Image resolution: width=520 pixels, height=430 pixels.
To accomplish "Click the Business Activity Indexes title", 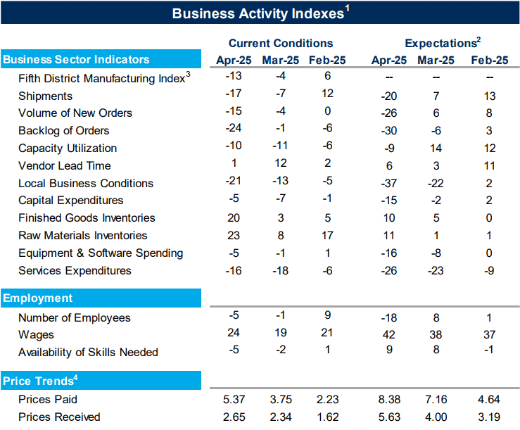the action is point(260,13).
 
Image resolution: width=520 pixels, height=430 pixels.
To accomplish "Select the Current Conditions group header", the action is point(281,43).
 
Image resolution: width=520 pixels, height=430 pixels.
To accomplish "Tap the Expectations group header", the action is point(443,43).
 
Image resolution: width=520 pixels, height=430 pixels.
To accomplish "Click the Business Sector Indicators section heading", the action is point(76,59).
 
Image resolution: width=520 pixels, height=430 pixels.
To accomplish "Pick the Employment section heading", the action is point(37,298).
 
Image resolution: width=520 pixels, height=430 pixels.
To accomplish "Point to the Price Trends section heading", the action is point(40,380).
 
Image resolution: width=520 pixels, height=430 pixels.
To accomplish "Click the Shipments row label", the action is point(46,96).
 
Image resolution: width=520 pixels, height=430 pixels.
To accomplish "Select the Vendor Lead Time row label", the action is point(65,165).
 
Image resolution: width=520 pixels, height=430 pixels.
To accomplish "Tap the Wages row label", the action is point(36,335).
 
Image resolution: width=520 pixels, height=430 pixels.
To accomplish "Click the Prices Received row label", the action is point(59,417).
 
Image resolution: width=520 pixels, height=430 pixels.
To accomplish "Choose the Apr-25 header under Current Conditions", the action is point(234,60).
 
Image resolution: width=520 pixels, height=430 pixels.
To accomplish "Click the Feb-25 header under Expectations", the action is point(490,60).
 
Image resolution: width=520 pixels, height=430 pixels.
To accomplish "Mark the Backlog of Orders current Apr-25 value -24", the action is point(234,128).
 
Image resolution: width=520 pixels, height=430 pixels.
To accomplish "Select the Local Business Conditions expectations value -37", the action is point(389,183).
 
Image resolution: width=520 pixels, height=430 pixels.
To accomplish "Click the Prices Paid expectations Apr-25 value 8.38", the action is point(389,399).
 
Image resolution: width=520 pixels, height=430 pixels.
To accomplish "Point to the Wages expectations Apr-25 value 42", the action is point(389,334).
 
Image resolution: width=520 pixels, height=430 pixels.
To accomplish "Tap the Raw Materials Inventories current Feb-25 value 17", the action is point(327,235).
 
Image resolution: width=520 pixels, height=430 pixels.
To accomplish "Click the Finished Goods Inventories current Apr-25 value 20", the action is point(234,217).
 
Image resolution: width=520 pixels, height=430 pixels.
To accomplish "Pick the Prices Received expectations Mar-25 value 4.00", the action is point(436,417).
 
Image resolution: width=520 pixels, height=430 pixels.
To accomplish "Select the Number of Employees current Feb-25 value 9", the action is point(328,315).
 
